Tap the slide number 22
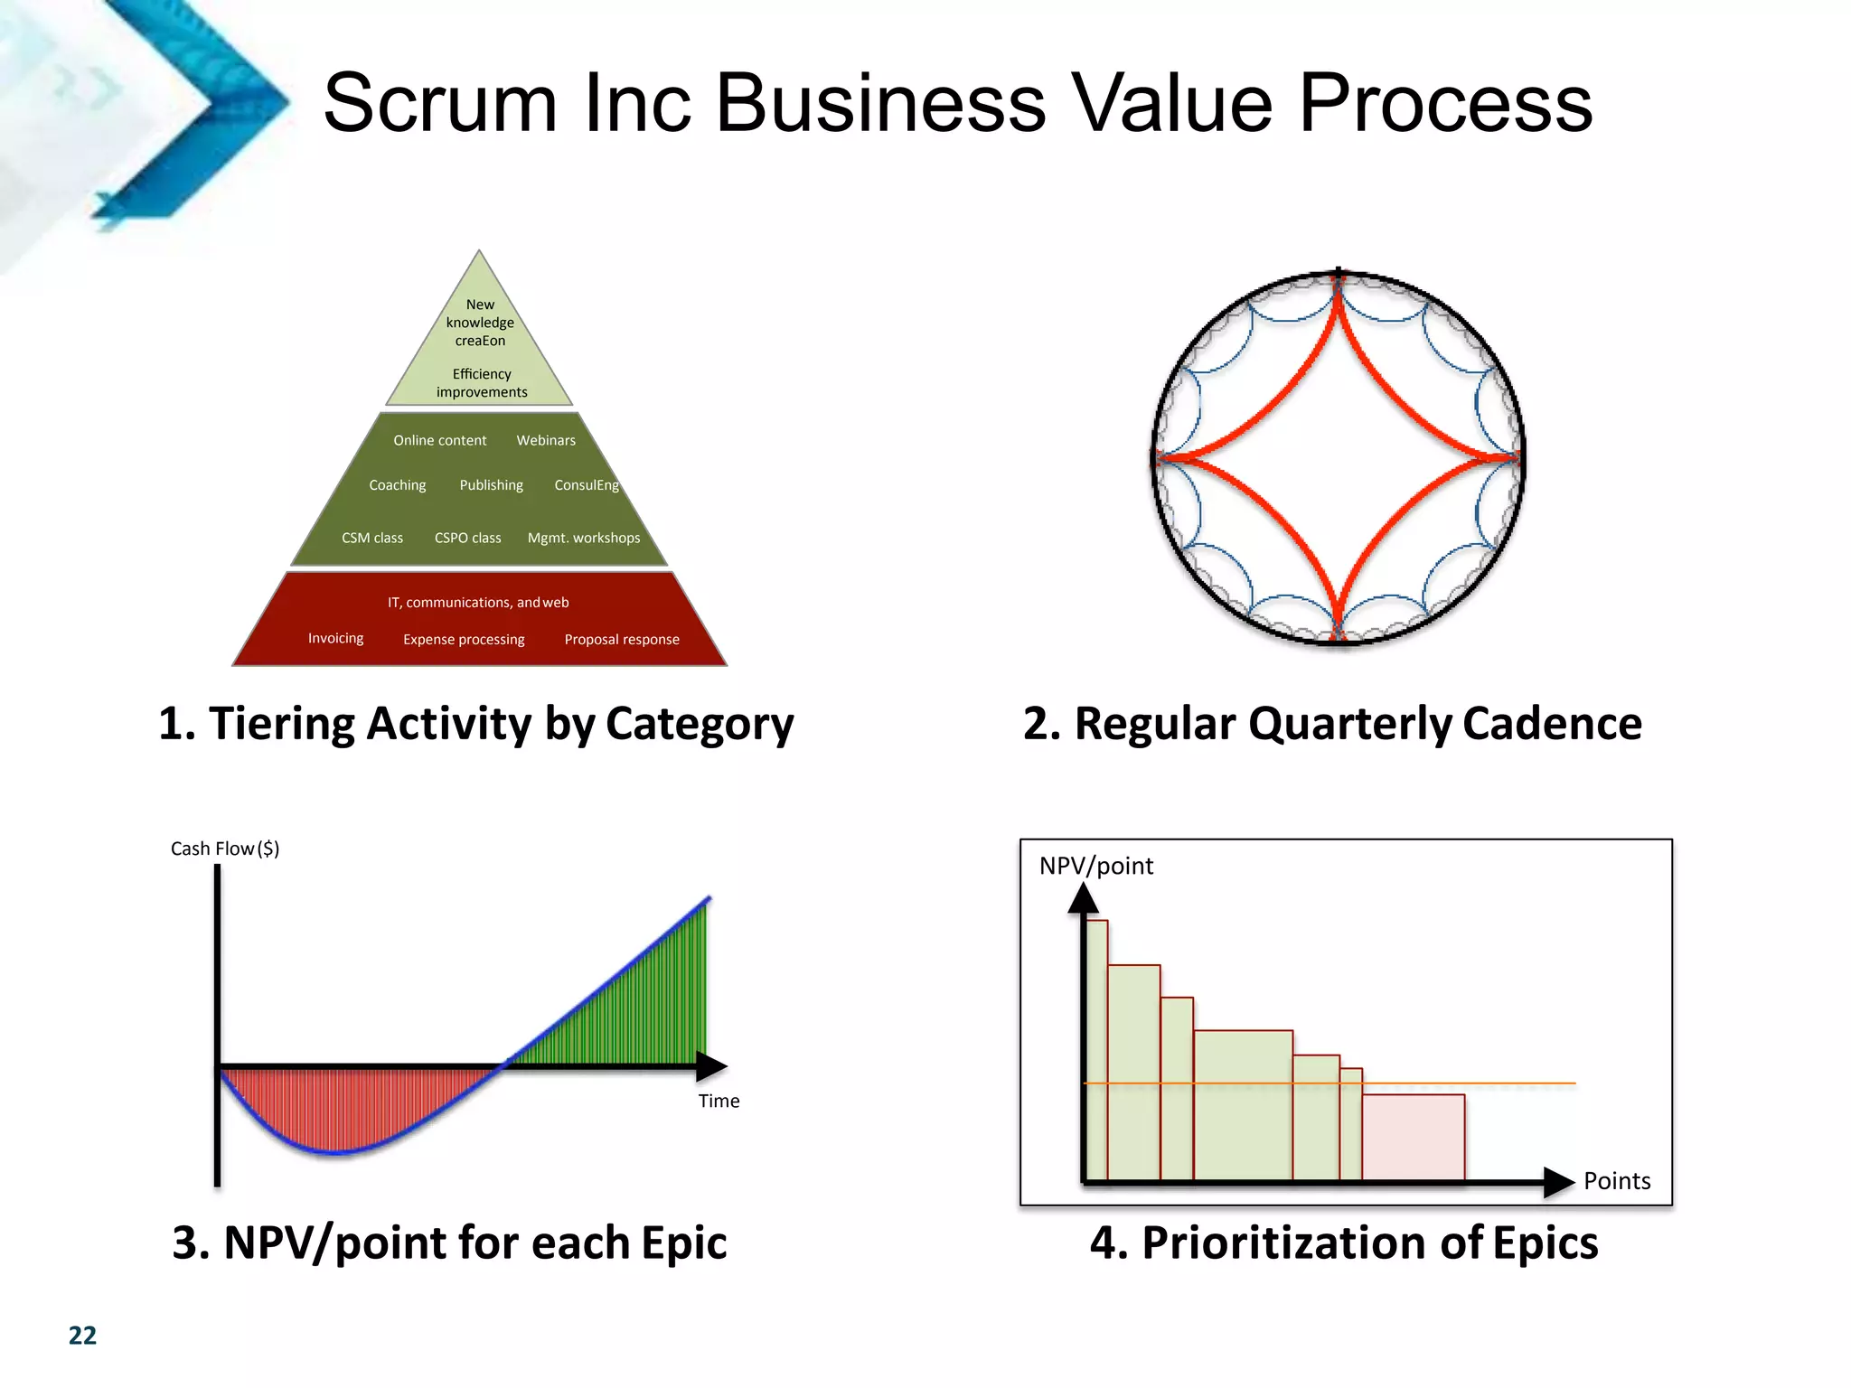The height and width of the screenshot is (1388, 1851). [x=82, y=1336]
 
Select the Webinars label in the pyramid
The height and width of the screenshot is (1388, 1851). [x=546, y=440]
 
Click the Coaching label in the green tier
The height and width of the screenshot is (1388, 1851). [x=397, y=485]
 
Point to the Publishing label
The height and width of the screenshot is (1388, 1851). [x=491, y=485]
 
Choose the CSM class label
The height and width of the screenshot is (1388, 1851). [x=372, y=538]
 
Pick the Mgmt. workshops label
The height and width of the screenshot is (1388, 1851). [x=584, y=538]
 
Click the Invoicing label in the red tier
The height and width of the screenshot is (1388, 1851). [x=335, y=638]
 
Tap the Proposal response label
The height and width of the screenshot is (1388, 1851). [x=622, y=639]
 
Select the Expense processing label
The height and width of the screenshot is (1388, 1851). [x=464, y=639]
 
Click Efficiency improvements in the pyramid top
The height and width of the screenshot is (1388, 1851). [x=482, y=383]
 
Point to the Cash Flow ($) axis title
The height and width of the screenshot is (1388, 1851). [x=225, y=849]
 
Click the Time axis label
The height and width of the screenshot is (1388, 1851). [x=719, y=1101]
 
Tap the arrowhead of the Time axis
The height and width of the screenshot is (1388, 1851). [x=713, y=1066]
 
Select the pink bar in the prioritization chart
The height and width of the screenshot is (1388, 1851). [x=1413, y=1137]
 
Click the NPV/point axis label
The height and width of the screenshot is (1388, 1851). [x=1095, y=866]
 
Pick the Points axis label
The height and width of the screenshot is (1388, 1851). [x=1617, y=1181]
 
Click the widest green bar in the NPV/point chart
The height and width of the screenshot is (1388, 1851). [x=1243, y=1104]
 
